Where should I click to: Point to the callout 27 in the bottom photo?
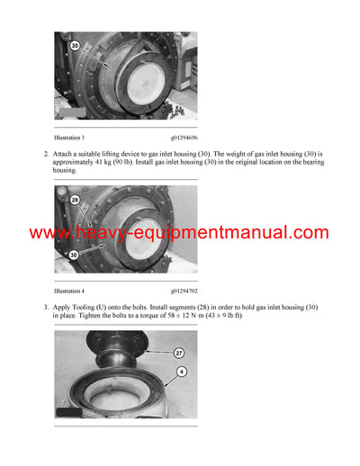point(179,354)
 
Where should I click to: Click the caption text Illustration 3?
point(69,139)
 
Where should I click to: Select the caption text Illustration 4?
point(69,291)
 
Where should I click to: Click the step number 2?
point(46,155)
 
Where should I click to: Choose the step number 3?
point(46,308)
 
